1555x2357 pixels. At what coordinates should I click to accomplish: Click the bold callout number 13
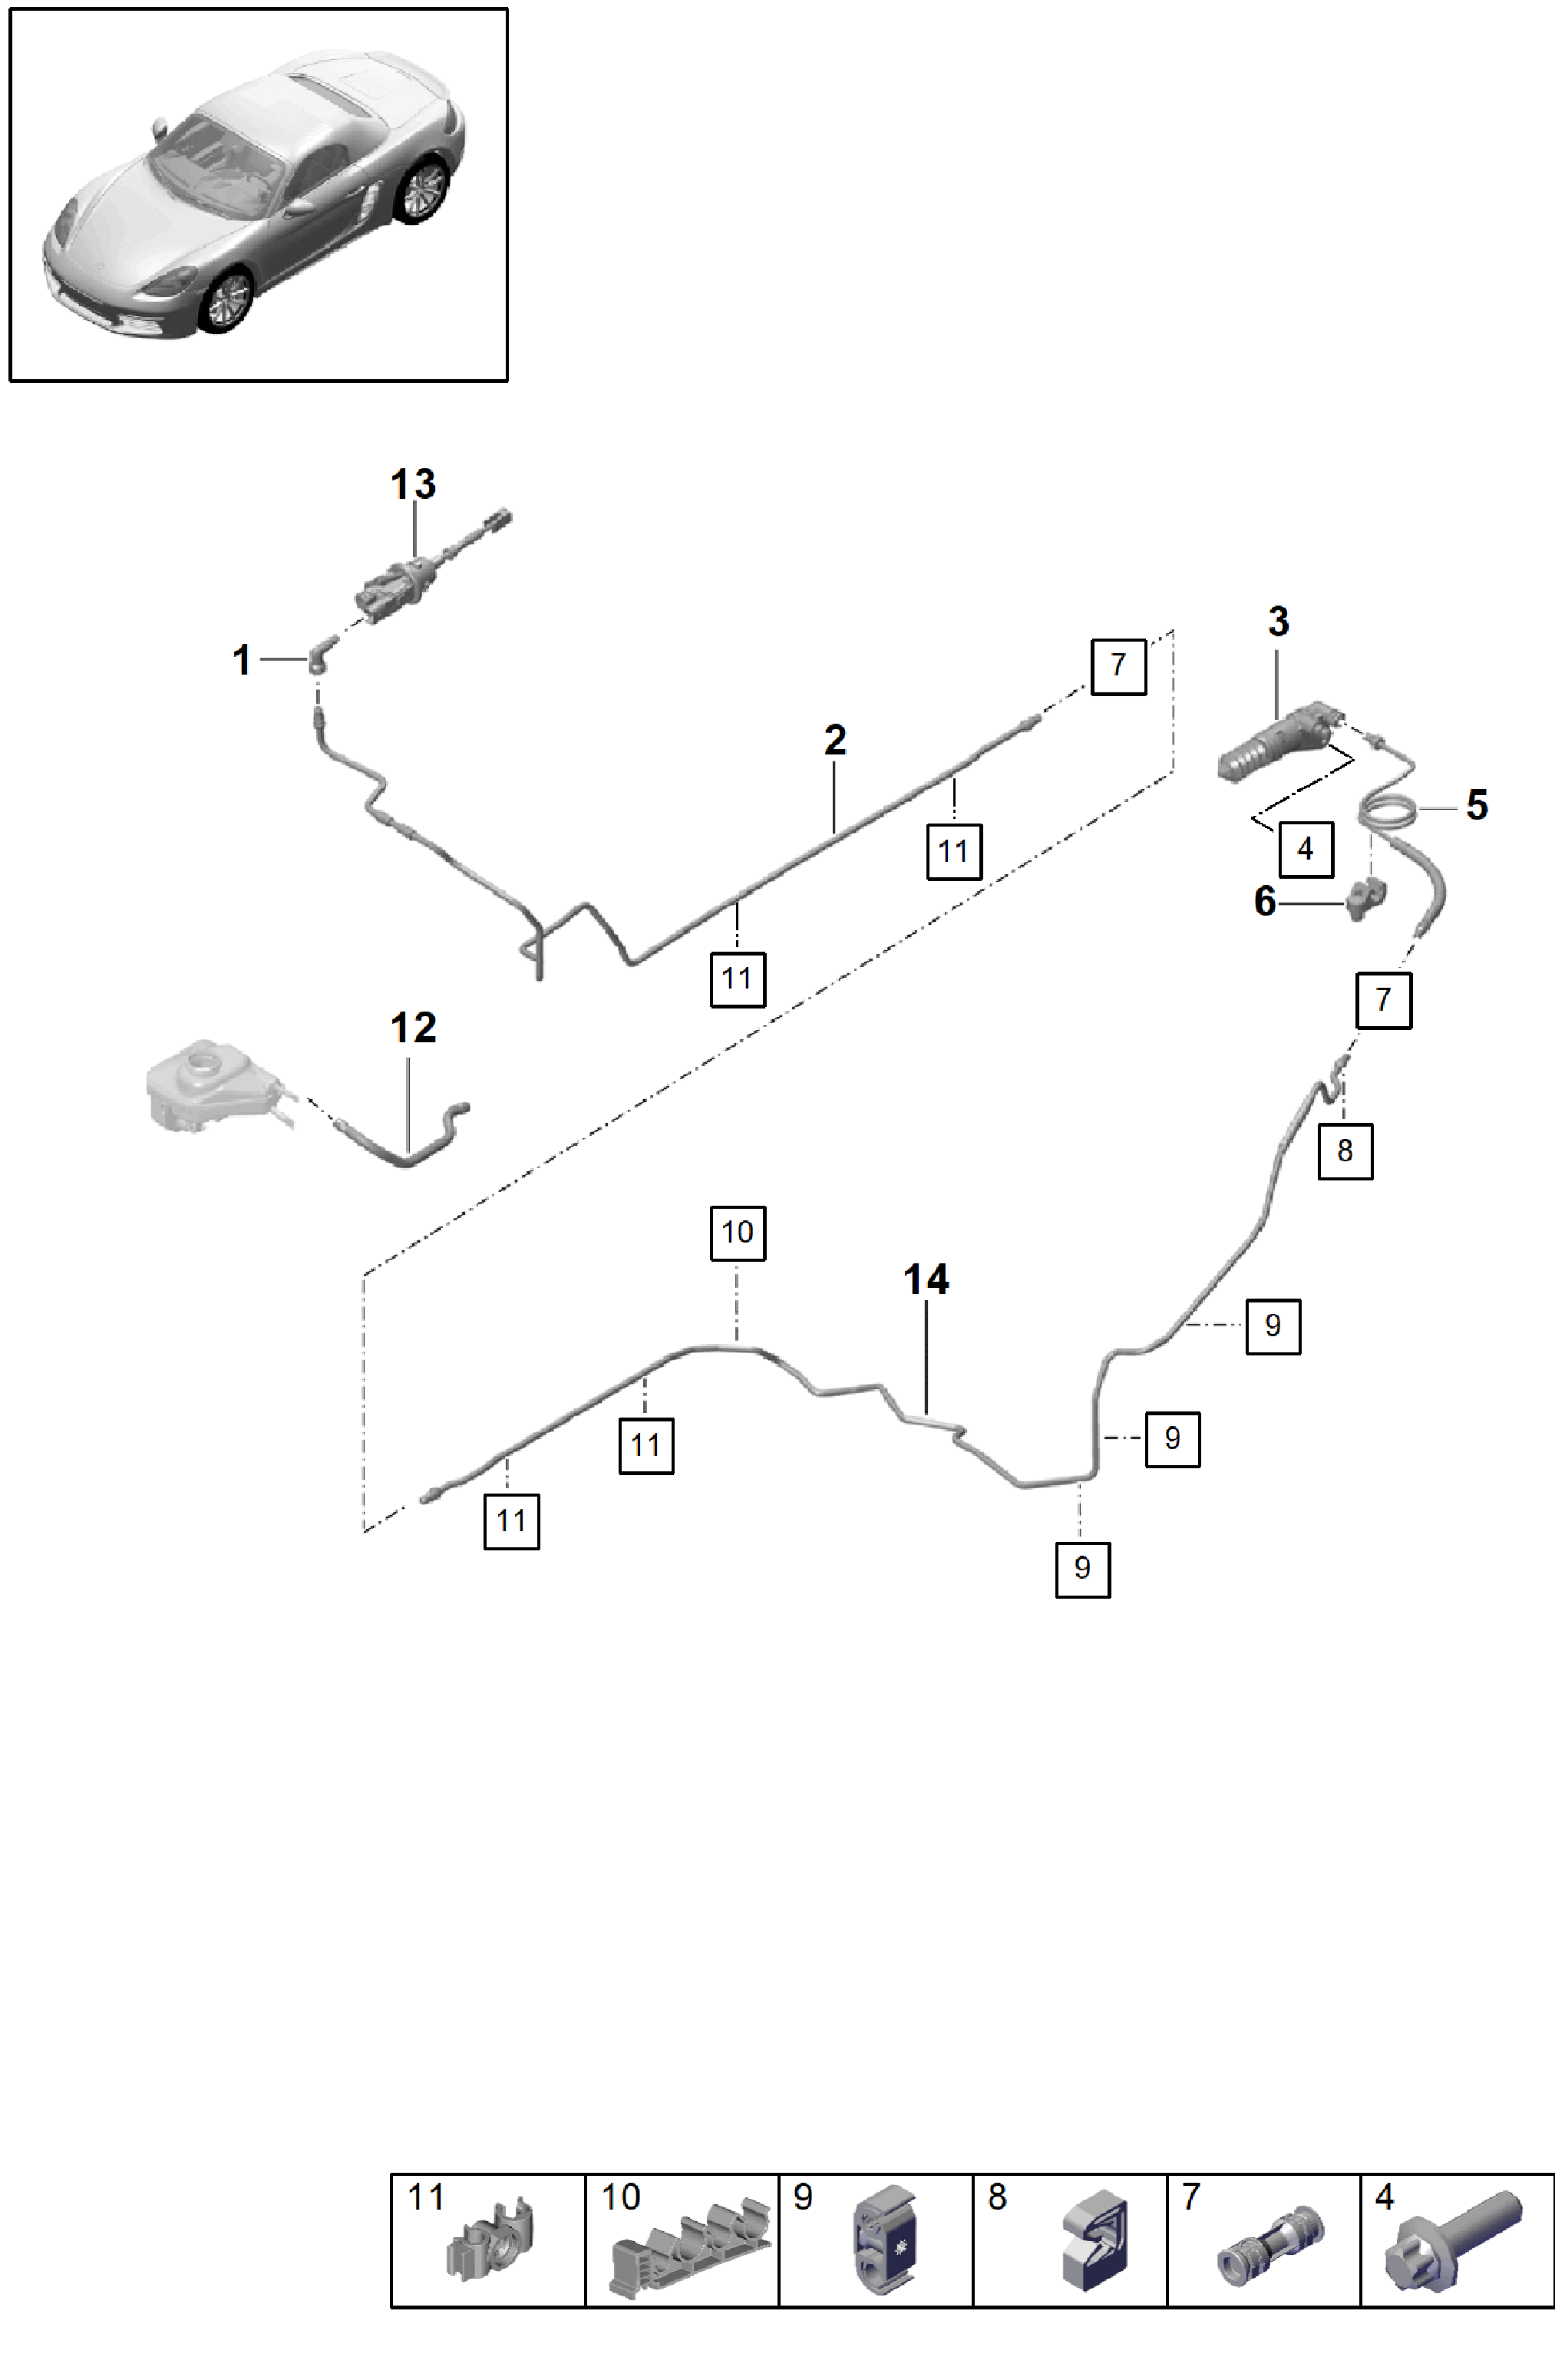413,485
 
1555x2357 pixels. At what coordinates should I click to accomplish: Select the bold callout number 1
241,659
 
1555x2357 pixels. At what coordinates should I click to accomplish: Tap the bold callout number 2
835,740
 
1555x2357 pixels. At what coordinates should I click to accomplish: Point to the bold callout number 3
1279,622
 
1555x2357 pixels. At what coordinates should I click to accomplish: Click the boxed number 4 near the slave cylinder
1305,849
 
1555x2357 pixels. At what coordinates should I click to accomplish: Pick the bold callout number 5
1477,804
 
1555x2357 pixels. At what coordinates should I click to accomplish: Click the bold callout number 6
1264,901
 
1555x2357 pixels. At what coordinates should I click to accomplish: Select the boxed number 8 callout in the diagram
1345,1150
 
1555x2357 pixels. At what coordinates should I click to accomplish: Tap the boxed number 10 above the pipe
738,1233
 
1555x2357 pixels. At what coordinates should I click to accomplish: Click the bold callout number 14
926,1279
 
